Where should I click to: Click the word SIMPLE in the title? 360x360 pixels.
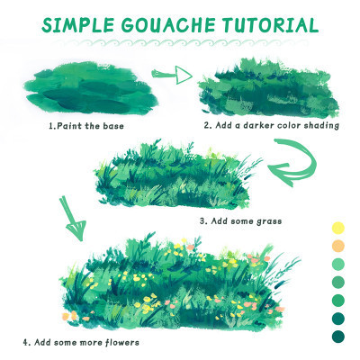click(77, 24)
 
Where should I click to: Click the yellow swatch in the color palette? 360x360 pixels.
click(338, 228)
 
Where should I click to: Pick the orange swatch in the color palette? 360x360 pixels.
click(338, 246)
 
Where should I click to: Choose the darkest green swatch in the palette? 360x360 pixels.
click(338, 337)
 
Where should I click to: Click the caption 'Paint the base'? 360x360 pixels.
click(90, 125)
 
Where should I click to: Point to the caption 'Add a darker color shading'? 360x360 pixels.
click(277, 125)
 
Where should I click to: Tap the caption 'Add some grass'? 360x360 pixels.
click(247, 221)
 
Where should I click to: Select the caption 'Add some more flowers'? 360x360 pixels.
click(86, 342)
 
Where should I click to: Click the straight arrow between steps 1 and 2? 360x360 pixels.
click(172, 75)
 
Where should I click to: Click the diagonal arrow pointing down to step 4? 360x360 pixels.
click(73, 218)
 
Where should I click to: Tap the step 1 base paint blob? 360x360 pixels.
click(91, 88)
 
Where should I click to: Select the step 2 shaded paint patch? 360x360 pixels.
click(268, 88)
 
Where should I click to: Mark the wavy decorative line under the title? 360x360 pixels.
click(183, 42)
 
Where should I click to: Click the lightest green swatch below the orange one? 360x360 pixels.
click(338, 265)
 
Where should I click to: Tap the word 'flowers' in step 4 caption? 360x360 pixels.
click(122, 342)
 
